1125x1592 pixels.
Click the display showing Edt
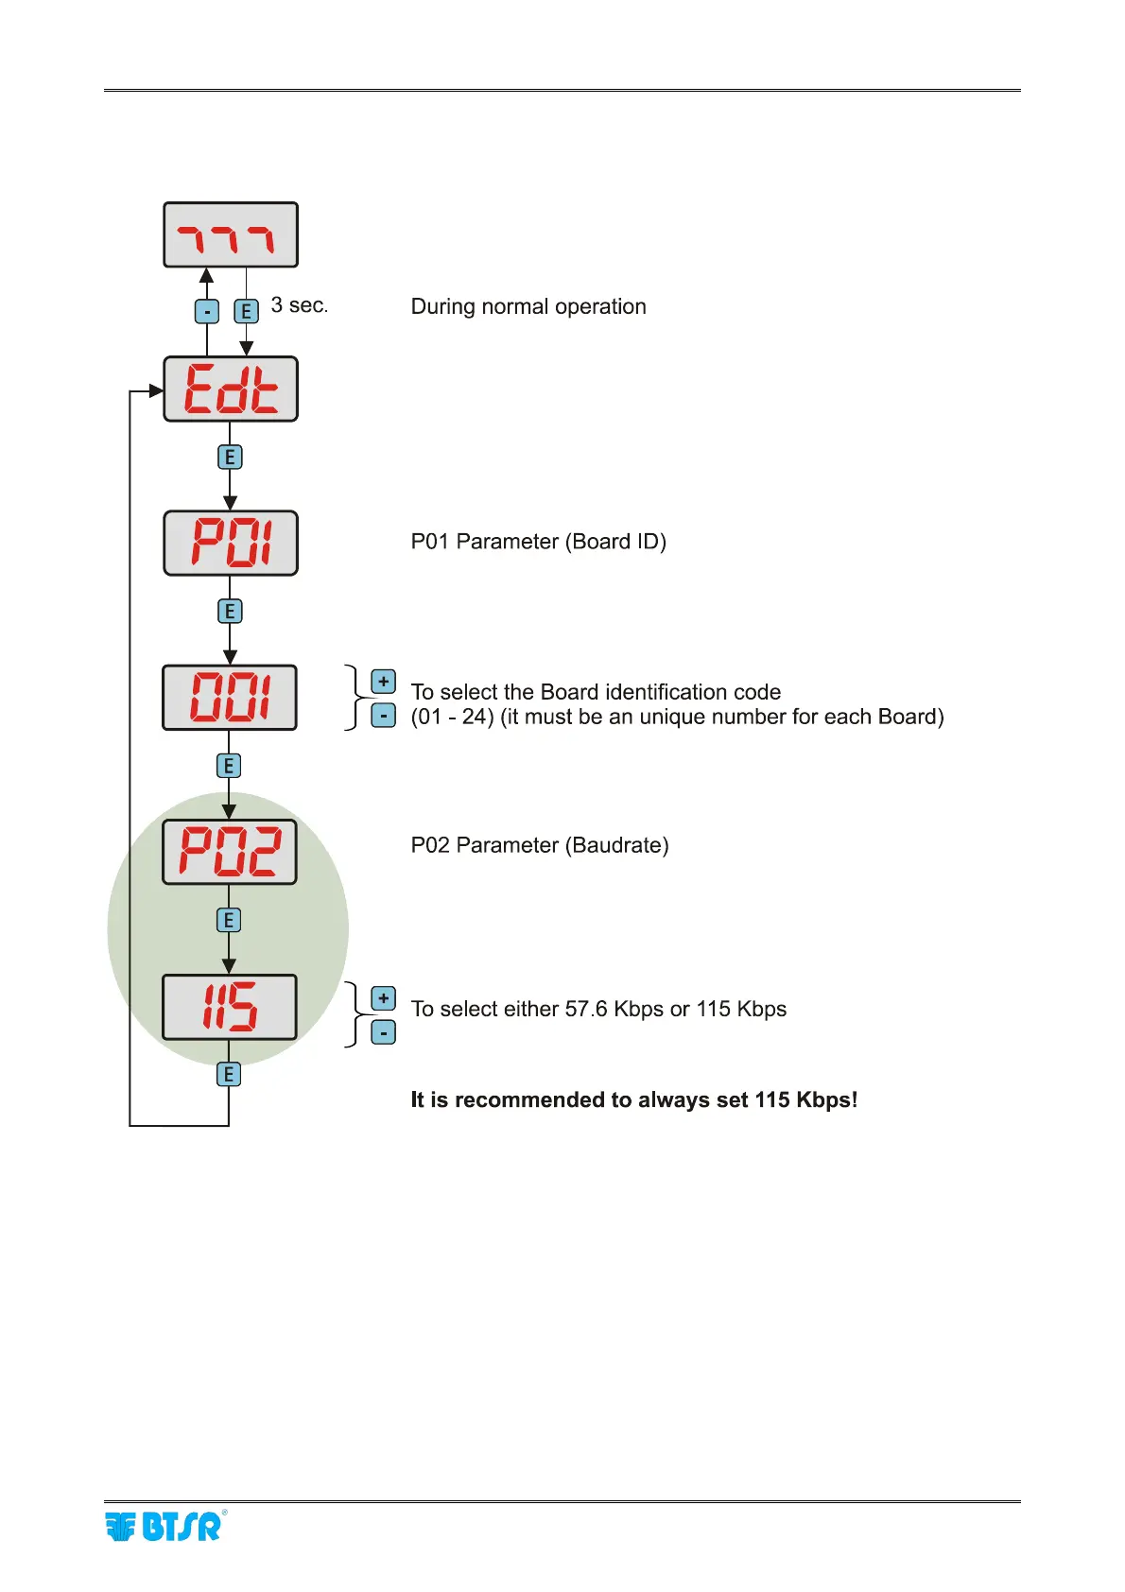tap(231, 389)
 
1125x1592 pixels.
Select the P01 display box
tap(231, 544)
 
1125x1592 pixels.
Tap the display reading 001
tap(230, 698)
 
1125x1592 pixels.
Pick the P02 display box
tap(230, 852)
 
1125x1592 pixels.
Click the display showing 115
tap(230, 1007)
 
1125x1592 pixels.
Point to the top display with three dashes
tap(231, 234)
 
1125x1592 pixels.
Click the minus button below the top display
tap(207, 311)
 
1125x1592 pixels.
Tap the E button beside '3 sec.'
tap(246, 311)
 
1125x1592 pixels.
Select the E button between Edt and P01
tap(230, 458)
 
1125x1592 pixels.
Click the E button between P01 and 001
tap(230, 612)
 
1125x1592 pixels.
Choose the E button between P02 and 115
tap(229, 920)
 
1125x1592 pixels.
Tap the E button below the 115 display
tap(229, 1075)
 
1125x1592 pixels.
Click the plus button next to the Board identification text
tap(383, 682)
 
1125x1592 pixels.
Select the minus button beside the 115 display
tap(383, 1033)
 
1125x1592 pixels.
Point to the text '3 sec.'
tap(299, 305)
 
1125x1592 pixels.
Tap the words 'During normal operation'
tap(528, 306)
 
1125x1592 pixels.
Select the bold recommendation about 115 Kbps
tap(633, 1100)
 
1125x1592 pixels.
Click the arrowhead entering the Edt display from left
tap(157, 390)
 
